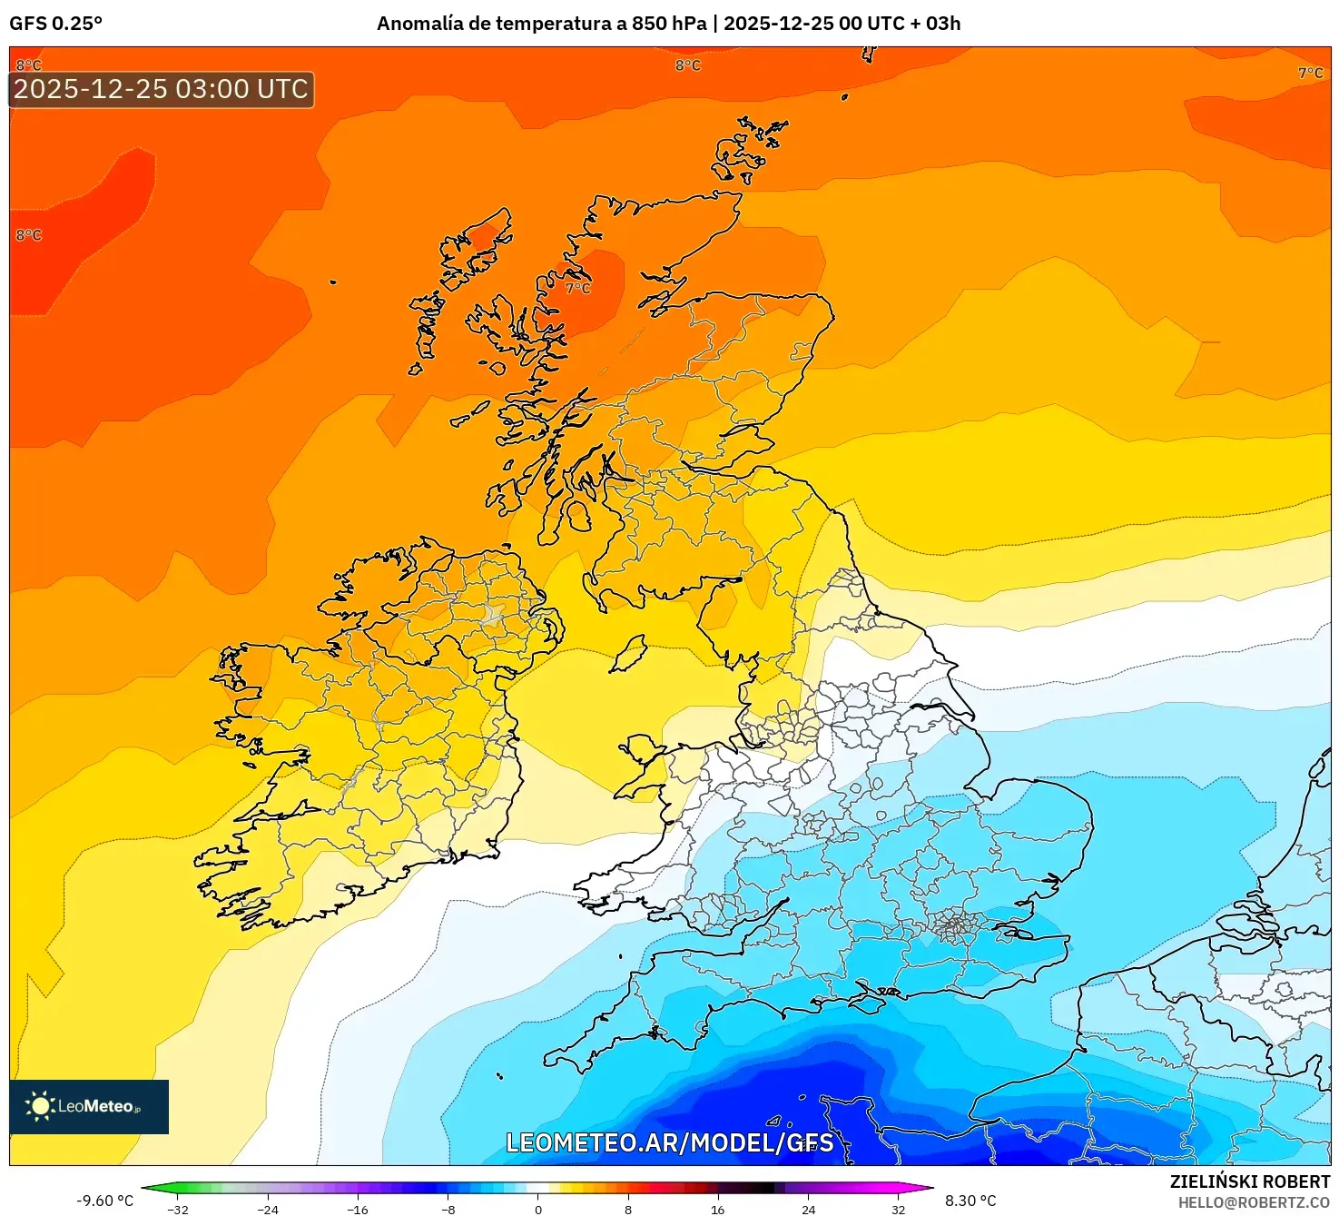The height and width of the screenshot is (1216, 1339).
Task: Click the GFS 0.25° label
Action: click(x=55, y=24)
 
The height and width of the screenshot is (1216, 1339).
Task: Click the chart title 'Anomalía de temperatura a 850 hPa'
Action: click(x=541, y=24)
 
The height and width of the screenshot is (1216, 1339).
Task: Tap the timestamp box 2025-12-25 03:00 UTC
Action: click(x=161, y=89)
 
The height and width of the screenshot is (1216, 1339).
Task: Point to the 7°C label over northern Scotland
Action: click(x=577, y=288)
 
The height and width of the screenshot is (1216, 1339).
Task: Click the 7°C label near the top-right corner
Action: click(x=1310, y=73)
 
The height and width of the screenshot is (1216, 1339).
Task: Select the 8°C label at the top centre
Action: click(x=687, y=65)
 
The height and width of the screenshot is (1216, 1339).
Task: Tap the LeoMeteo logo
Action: click(x=88, y=1106)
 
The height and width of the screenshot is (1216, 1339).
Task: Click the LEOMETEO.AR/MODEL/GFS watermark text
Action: click(x=669, y=1142)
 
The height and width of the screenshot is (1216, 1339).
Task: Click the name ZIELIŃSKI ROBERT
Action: click(x=1249, y=1181)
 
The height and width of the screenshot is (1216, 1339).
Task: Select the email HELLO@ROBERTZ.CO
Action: click(x=1253, y=1202)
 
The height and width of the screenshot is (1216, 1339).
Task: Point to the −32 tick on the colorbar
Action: click(x=178, y=1209)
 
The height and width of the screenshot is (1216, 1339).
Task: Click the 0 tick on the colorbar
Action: click(x=537, y=1209)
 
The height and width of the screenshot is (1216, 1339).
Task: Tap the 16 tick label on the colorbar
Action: click(x=717, y=1209)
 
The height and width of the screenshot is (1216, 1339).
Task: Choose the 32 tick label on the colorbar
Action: click(x=897, y=1209)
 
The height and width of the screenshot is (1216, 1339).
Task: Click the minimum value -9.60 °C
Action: click(x=104, y=1201)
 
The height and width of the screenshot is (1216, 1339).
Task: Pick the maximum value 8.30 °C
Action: click(x=970, y=1201)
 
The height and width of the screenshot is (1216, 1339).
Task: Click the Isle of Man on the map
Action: click(x=628, y=654)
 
